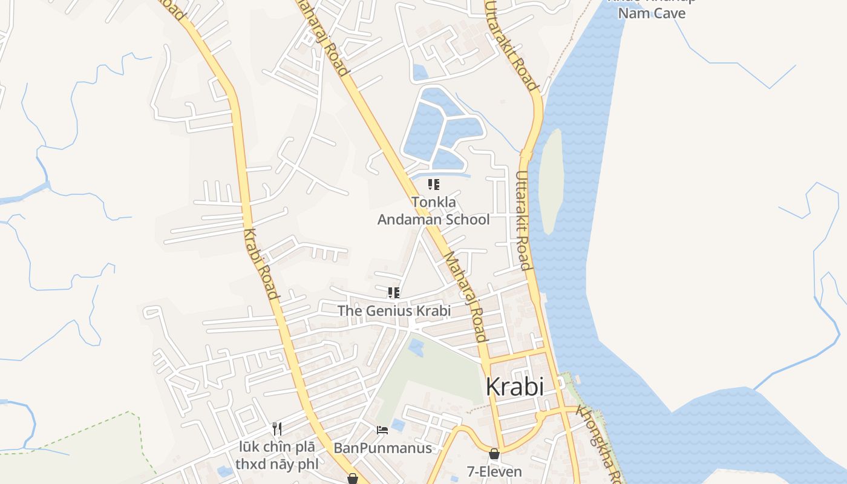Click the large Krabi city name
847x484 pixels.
point(515,387)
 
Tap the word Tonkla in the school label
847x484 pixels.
point(434,202)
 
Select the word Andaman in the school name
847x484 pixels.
point(406,219)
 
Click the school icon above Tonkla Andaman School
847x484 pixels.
point(433,185)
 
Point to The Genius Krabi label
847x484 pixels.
point(394,311)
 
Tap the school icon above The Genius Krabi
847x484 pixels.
point(394,293)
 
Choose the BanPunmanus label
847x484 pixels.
point(382,448)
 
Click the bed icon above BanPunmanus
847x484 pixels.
point(382,430)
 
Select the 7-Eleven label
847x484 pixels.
point(494,471)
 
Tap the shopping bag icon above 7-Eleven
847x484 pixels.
point(494,454)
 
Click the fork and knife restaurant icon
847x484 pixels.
point(277,429)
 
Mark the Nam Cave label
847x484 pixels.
point(652,13)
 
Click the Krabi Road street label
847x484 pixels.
point(261,264)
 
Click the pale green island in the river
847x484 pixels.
point(551,181)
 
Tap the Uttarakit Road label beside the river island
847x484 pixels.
point(523,220)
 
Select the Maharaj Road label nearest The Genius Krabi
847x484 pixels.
point(466,296)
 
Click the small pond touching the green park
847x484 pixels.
point(416,347)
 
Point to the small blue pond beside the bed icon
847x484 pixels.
point(397,425)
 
